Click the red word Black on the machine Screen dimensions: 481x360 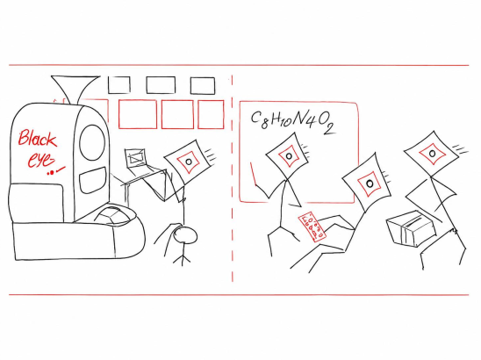tap(38, 139)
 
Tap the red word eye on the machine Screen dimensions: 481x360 tap(41, 159)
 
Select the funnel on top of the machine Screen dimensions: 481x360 tap(75, 90)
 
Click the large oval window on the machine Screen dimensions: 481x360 tap(92, 143)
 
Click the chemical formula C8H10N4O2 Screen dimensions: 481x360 tap(292, 122)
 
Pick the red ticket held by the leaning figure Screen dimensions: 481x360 tap(312, 227)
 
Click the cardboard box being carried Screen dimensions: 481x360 tap(411, 227)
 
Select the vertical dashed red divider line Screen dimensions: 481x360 tap(233, 178)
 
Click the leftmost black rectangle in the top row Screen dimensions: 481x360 tap(119, 84)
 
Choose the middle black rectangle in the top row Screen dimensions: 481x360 tap(161, 84)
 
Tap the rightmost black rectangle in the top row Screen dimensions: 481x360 tap(203, 85)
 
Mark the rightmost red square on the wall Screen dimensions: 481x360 tap(211, 114)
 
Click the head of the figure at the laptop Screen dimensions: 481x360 tap(189, 162)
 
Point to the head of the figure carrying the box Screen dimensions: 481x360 tap(431, 154)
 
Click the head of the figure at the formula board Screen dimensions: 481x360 tap(287, 156)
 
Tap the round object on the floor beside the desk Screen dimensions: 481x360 tap(185, 235)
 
